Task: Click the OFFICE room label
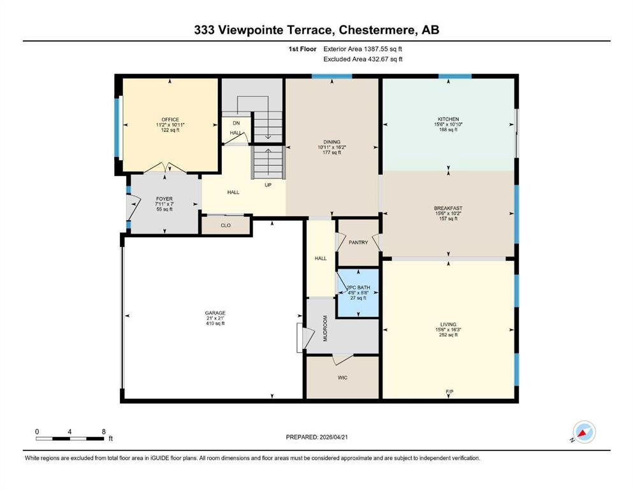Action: coord(170,119)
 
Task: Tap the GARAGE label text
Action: coord(215,313)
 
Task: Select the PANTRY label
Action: coord(358,242)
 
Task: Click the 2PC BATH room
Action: coord(358,292)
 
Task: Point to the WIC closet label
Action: coord(342,378)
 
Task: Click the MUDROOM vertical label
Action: coord(325,329)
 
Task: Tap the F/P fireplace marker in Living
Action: coord(449,392)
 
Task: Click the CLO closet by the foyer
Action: coord(226,225)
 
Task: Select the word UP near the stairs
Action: coord(268,185)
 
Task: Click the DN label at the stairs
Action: coord(236,123)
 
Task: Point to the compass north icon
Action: coord(584,432)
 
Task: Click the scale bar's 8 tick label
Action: coord(104,431)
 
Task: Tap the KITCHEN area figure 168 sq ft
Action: coord(448,130)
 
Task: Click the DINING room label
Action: coord(332,142)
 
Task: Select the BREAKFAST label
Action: coord(448,209)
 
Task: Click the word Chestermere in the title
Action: coord(377,30)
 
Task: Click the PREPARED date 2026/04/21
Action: coord(333,437)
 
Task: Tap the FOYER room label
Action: coord(164,199)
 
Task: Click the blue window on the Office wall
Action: coord(117,127)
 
